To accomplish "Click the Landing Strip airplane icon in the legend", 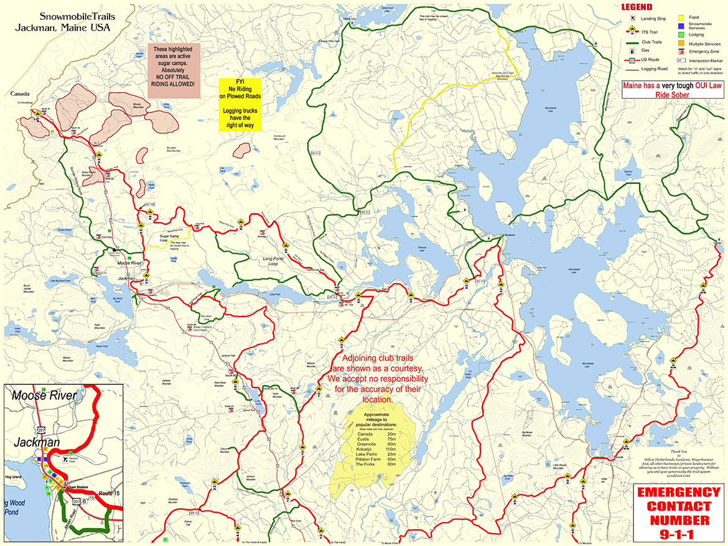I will [627, 19].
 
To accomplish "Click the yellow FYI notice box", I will [240, 104].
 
